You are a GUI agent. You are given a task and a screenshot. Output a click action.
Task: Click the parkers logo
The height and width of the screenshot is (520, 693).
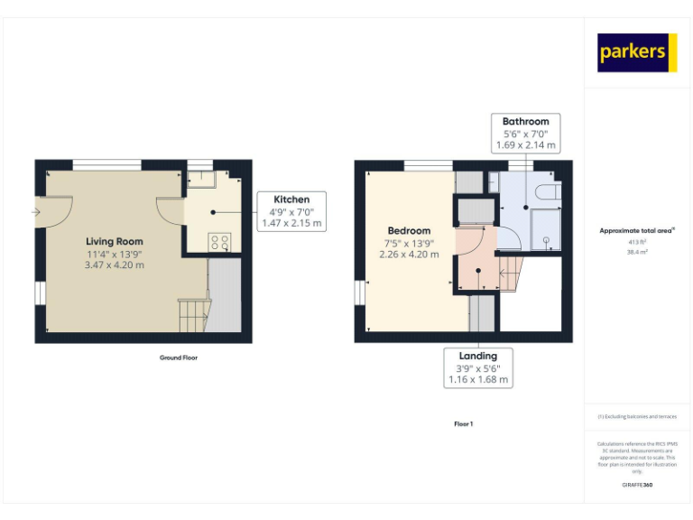point(636,52)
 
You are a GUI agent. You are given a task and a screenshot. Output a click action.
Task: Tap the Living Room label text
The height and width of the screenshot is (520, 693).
point(115,241)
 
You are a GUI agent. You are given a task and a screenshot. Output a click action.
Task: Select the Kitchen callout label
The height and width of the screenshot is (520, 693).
point(291,200)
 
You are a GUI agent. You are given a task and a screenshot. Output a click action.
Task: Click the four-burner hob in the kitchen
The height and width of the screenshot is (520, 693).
point(219,242)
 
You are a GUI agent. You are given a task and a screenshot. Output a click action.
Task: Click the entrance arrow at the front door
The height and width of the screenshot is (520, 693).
point(35,212)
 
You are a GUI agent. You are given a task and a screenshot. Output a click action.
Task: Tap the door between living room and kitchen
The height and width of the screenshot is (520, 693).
point(171,211)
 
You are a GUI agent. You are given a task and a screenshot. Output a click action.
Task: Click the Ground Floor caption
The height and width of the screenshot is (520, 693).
point(178,357)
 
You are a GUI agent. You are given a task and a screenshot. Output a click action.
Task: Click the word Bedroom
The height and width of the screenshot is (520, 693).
point(409,230)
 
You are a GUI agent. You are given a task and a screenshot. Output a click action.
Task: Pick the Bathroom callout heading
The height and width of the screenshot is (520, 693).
point(525,122)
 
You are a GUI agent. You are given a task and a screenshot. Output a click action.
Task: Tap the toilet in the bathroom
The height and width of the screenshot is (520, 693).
point(544,193)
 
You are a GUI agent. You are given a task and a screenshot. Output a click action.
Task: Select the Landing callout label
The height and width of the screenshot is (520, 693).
point(478,356)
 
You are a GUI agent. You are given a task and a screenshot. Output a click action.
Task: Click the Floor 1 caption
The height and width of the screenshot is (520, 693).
point(463,423)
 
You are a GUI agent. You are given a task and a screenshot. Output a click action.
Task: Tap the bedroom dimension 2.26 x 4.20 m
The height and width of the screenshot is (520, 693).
point(409,255)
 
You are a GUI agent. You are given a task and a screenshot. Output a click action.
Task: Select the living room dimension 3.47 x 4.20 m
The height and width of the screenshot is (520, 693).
point(115,265)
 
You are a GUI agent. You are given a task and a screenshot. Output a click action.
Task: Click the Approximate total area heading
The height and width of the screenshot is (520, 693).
point(635,231)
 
